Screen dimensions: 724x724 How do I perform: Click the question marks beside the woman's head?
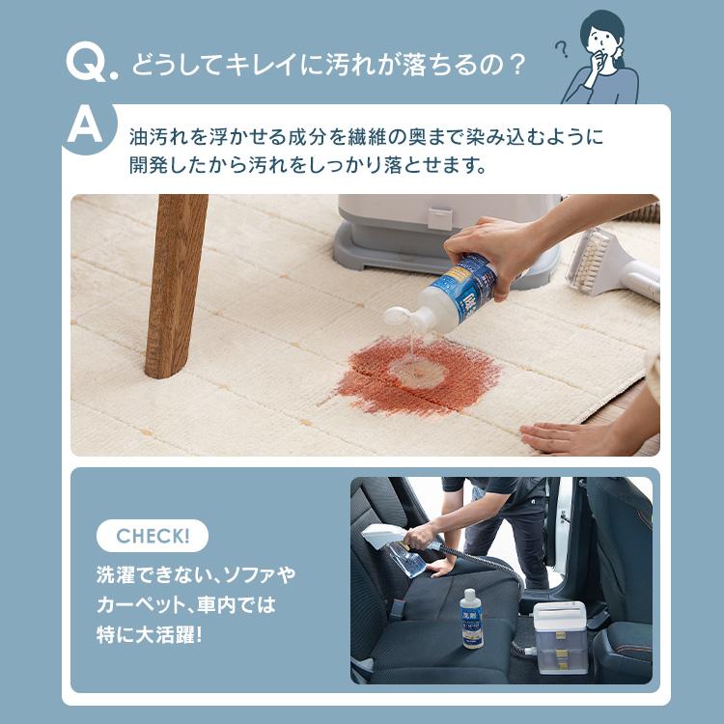[562, 48]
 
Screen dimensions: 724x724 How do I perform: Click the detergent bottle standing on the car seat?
[471, 618]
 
